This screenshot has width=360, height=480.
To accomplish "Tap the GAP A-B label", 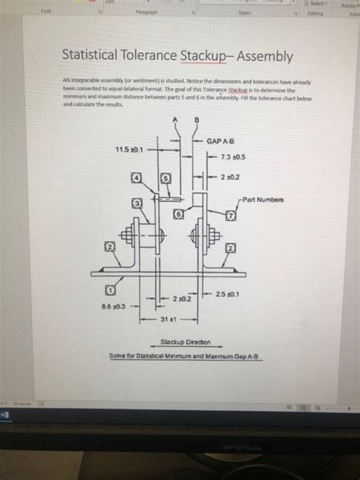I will (220, 141).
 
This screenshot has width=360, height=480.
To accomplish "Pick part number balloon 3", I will (137, 204).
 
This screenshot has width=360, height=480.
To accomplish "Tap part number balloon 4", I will (137, 177).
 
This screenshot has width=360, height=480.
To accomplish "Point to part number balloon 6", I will (178, 216).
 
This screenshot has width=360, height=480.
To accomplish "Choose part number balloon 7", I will (229, 217).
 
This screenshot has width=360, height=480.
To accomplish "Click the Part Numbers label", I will (265, 200).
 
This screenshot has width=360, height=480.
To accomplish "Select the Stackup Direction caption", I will (186, 343).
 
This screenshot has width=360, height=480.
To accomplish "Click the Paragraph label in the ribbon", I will (145, 12).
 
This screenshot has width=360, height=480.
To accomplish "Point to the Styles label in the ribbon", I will (245, 12).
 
